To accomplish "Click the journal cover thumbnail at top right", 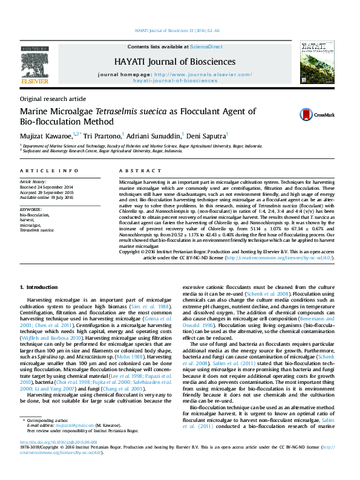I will tap(314, 62).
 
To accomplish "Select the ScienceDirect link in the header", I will tap(206, 46).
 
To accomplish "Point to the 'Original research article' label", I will tap(53, 98).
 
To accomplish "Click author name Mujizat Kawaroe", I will tap(45, 135).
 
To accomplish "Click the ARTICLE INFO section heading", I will tap(48, 172).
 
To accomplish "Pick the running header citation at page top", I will tap(177, 30).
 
